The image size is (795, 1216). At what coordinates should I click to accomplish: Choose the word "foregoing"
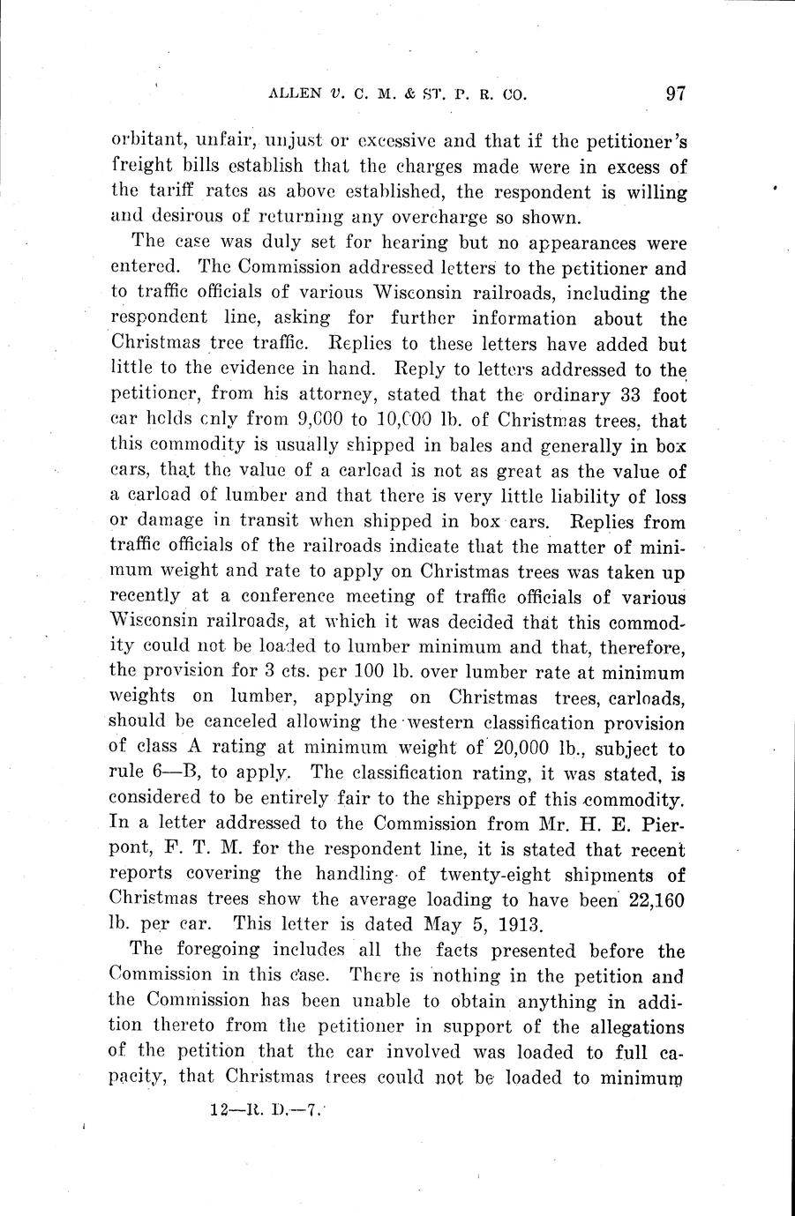[x=211, y=951]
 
